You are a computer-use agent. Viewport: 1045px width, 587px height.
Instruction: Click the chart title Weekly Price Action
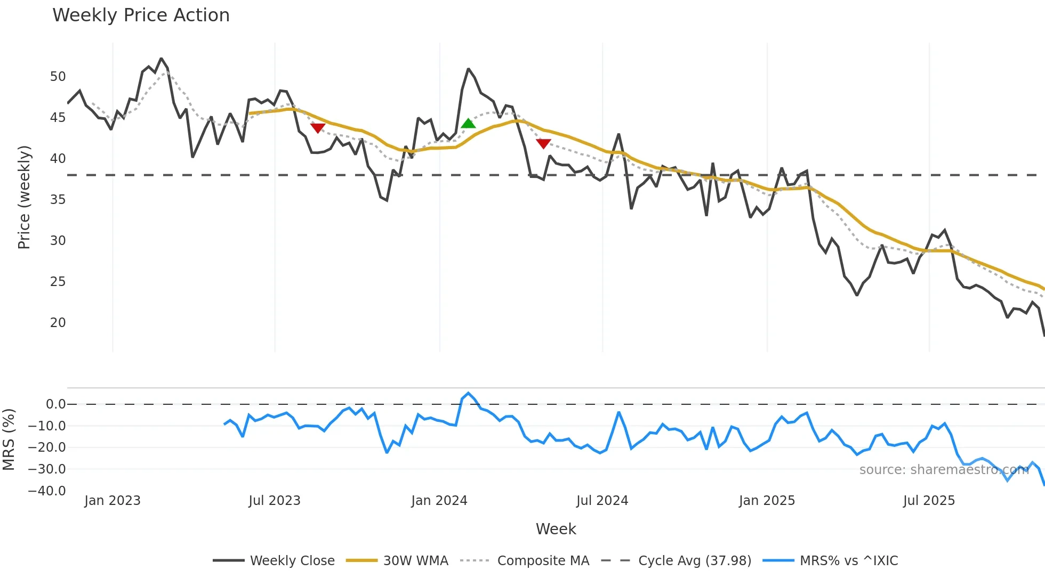[x=141, y=15]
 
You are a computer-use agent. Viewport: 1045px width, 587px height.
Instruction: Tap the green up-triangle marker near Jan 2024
[x=468, y=124]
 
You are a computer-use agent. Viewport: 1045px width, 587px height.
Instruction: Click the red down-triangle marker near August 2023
[x=318, y=128]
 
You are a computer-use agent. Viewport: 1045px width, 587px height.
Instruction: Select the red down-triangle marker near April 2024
[x=543, y=143]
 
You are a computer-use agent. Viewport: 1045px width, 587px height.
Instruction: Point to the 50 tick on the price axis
[x=58, y=77]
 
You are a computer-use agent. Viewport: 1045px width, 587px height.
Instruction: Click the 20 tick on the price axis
[x=58, y=323]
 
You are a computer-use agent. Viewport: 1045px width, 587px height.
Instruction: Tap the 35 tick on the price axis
[x=58, y=200]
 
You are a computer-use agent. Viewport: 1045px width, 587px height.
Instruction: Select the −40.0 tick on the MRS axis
[x=47, y=491]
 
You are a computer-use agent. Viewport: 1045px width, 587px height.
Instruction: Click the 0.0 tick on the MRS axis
[x=55, y=404]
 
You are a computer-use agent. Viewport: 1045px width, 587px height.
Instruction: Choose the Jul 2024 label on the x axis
[x=602, y=501]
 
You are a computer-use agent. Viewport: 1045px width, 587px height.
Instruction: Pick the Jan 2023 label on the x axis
[x=112, y=501]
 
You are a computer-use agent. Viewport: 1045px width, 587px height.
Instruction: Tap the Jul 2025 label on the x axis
[x=929, y=501]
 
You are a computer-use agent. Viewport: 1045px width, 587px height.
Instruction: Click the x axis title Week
[x=556, y=529]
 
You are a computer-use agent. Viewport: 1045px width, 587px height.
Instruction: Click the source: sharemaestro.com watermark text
[x=944, y=470]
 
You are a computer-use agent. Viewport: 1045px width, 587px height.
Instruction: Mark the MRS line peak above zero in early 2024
[x=468, y=393]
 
